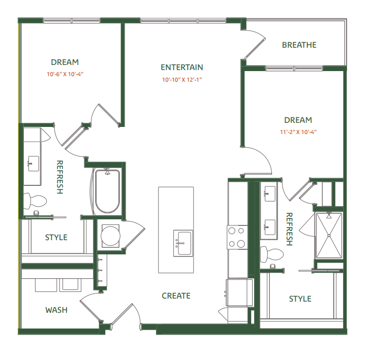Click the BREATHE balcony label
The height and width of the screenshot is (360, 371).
299,45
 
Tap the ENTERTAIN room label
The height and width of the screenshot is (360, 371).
181,67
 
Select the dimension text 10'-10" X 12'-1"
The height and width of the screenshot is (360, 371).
182,80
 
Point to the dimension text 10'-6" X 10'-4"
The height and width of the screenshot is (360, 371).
65,74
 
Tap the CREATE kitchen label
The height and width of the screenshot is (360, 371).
176,296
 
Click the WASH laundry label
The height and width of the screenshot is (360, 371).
56,310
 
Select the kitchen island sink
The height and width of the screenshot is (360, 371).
182,243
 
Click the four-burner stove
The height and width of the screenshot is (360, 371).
236,237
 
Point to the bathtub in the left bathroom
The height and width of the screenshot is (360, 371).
107,191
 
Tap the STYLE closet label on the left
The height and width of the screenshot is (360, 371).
56,237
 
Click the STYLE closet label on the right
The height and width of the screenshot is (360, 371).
300,299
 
